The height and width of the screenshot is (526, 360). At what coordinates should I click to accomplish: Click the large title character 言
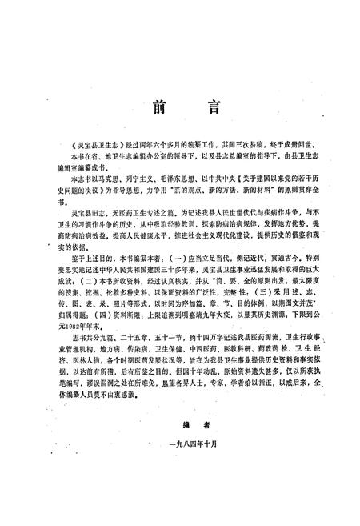click(x=206, y=108)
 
